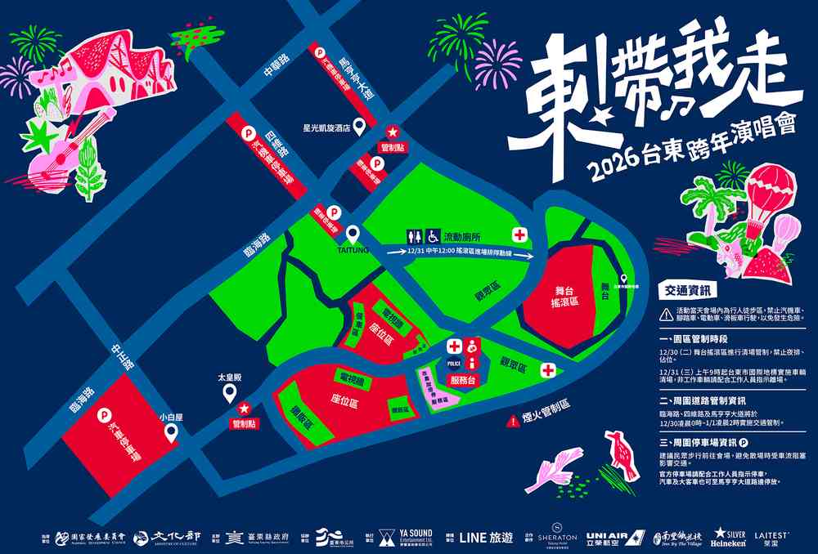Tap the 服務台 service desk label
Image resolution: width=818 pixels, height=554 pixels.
463,381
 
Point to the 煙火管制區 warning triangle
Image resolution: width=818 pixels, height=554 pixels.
510,420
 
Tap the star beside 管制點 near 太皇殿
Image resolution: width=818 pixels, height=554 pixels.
243,409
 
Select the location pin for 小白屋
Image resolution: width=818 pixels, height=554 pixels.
171,433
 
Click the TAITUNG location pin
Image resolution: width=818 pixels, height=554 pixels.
353,235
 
